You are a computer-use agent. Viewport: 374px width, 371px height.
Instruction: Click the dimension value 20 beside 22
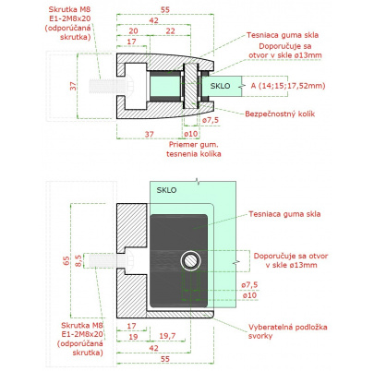[133, 30]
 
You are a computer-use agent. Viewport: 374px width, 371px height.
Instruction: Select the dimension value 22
[170, 30]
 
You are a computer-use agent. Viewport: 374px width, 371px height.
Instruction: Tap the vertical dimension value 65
[66, 260]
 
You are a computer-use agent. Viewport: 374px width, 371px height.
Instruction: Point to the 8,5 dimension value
[78, 260]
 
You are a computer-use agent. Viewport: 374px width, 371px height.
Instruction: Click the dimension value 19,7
[167, 336]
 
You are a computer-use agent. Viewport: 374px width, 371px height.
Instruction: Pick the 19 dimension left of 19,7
[133, 337]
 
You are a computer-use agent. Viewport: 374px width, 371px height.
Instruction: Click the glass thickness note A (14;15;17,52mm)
[288, 86]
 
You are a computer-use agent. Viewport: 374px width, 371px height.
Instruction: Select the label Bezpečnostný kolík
[280, 114]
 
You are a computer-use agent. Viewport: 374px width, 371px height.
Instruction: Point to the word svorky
[260, 336]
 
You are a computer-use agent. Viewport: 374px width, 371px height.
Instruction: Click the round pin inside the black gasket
[191, 260]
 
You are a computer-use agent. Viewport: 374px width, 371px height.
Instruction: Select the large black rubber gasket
[178, 261]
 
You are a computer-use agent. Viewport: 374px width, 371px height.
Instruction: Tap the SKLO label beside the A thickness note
[220, 86]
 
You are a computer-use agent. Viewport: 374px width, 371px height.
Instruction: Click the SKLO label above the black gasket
[166, 190]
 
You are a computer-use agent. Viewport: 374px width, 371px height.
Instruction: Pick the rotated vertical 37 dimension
[73, 86]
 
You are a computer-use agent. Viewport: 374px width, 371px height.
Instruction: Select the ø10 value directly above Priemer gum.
[190, 134]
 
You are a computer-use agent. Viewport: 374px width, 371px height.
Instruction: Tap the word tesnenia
[181, 154]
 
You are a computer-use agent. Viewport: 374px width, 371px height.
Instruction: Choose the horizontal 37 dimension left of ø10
[150, 134]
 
